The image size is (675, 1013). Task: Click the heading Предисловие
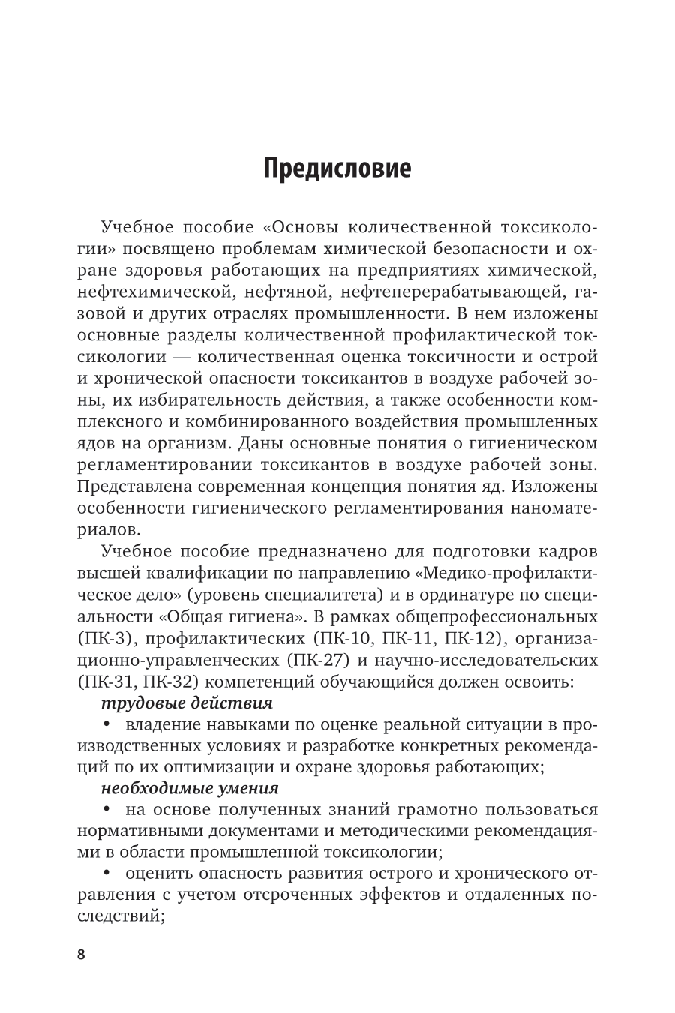[x=337, y=168]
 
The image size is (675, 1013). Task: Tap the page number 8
[x=81, y=955]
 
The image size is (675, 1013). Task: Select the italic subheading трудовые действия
[x=186, y=704]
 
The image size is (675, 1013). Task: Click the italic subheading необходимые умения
[x=190, y=788]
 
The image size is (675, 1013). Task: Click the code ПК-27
[x=319, y=661]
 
